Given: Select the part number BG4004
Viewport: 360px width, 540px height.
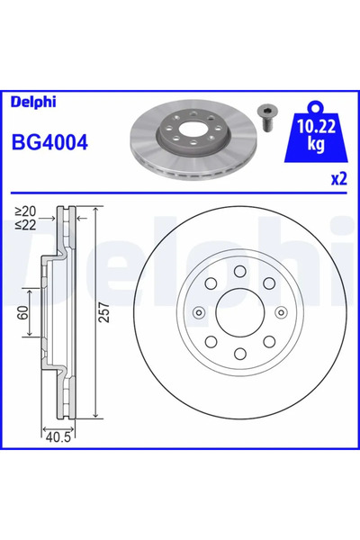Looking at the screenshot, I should (47, 142).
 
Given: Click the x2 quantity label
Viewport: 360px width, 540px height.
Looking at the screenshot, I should (337, 179).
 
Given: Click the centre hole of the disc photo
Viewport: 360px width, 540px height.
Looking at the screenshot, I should (197, 139).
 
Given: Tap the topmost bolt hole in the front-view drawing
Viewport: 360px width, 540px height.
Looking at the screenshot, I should (239, 271).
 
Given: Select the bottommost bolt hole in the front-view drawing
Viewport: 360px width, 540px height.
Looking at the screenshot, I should (239, 355).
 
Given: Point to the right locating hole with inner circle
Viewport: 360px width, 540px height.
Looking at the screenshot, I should (281, 313).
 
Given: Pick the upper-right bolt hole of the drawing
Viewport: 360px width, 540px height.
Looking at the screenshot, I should (269, 283).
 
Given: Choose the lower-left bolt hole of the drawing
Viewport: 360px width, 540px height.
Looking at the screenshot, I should (210, 343).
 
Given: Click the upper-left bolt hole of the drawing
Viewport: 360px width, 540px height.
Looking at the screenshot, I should (210, 283).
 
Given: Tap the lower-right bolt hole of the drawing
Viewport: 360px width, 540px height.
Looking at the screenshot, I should (269, 343).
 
